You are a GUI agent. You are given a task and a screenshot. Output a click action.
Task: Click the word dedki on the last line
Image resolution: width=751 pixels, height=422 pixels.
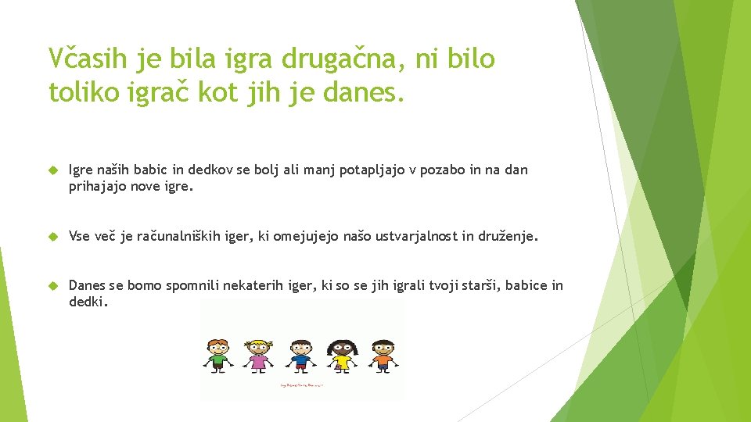click(x=86, y=302)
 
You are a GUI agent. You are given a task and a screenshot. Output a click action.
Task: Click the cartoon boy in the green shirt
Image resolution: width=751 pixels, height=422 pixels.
click(x=217, y=356)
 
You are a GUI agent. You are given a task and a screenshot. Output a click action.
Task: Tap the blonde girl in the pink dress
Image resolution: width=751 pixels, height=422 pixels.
click(x=257, y=356)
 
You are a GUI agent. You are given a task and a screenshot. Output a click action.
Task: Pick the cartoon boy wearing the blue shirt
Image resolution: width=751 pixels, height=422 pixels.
click(x=300, y=356)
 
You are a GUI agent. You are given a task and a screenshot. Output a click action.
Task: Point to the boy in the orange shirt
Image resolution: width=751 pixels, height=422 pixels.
click(x=383, y=356)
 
